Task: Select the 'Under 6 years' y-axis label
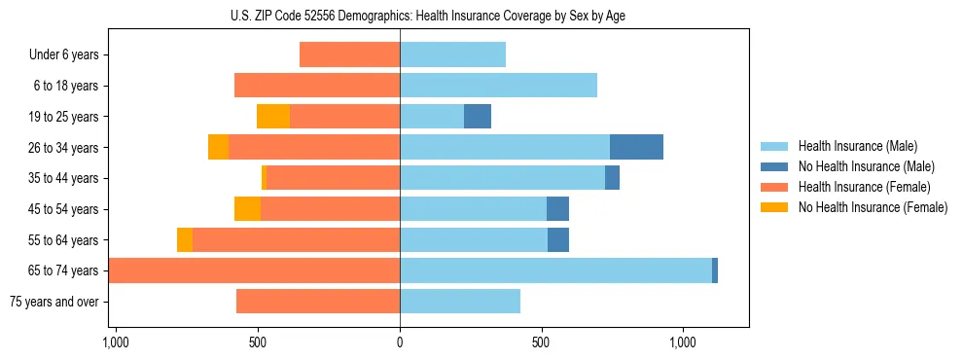click(x=64, y=54)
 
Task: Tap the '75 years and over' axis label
click(x=53, y=302)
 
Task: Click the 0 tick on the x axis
click(x=400, y=342)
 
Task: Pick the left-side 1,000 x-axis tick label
click(x=116, y=342)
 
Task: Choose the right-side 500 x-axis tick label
click(x=542, y=342)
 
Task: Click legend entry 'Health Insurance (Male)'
click(x=856, y=146)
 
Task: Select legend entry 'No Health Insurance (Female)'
click(x=873, y=207)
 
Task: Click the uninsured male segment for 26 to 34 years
click(x=636, y=147)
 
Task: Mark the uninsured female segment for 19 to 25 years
click(x=273, y=117)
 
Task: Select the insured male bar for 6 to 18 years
click(x=498, y=86)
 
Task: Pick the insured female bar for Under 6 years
click(x=350, y=54)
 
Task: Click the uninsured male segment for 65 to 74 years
click(x=715, y=270)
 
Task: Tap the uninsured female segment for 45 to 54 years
click(x=247, y=209)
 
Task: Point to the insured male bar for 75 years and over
click(x=460, y=302)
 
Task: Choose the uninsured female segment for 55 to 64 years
click(x=185, y=239)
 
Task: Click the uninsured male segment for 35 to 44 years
click(x=612, y=178)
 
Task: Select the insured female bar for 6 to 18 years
click(x=317, y=86)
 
